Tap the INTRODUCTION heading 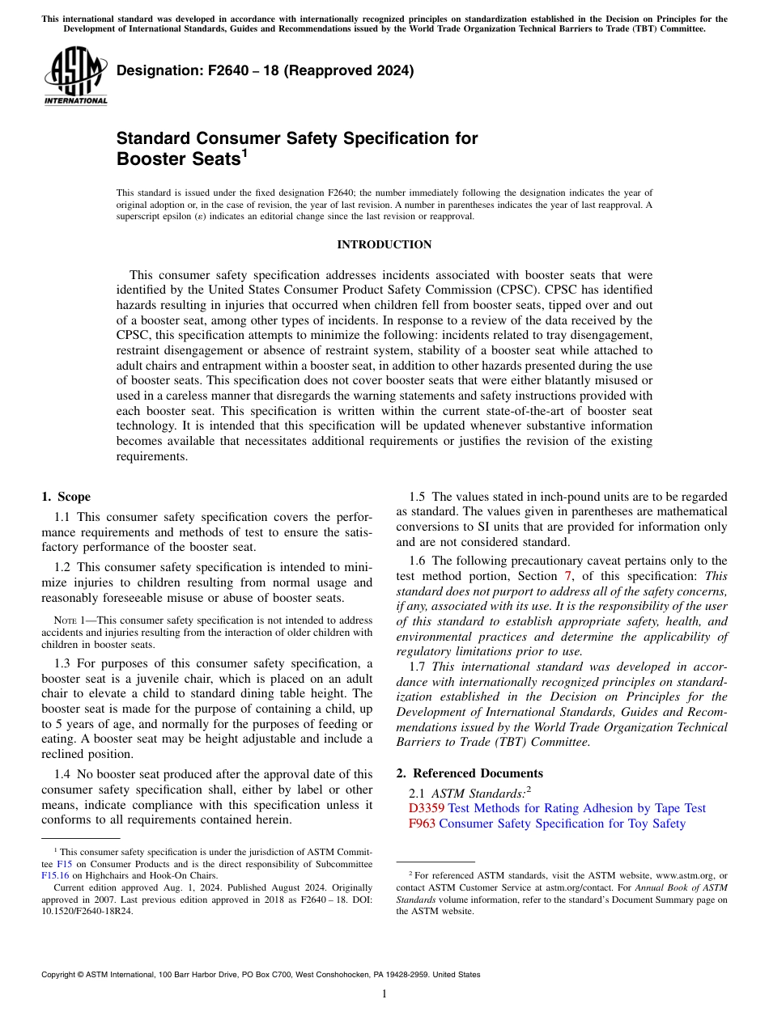point(384,244)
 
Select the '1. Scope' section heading point(66,497)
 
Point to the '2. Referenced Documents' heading point(469,773)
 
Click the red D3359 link point(427,808)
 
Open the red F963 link point(423,824)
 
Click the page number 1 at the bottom point(384,993)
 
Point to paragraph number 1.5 point(418,497)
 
